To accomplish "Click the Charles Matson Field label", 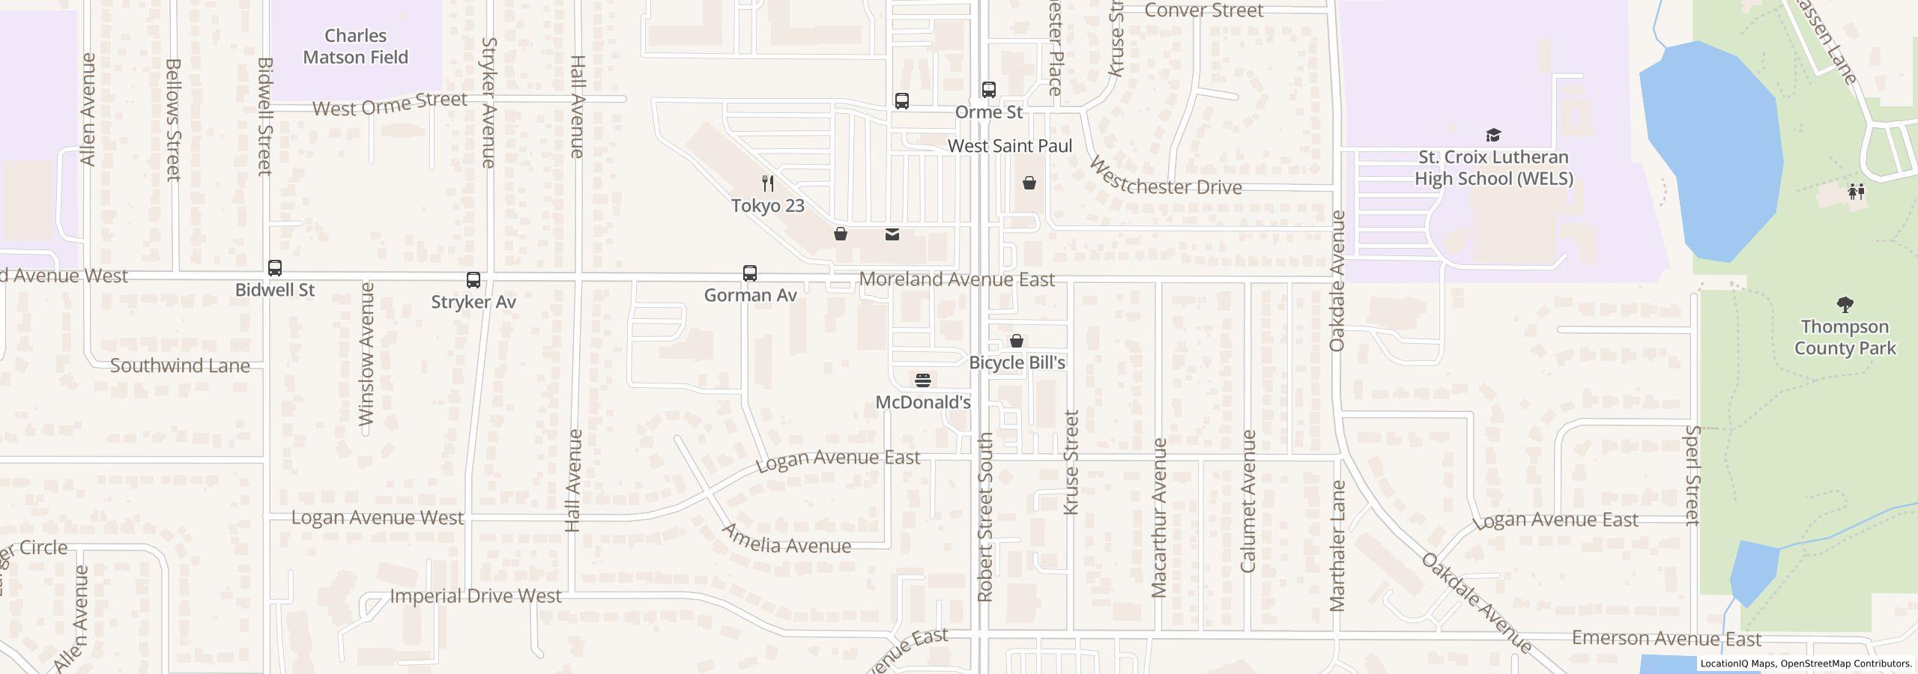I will [355, 46].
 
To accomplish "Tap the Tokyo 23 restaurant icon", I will [767, 183].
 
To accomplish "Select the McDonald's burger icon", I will [923, 380].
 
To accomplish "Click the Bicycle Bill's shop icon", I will [1017, 341].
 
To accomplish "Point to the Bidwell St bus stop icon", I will [275, 268].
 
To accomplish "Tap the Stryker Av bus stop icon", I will [474, 280].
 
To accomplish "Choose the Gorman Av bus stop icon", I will [750, 273].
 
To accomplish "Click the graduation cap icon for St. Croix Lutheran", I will [1493, 136].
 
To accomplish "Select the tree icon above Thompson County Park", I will [1845, 305].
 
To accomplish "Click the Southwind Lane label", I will [180, 365].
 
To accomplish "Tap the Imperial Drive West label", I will [475, 596].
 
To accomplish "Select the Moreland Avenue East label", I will [957, 279].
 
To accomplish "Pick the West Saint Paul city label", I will [1010, 146].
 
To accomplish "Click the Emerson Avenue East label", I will [1666, 639].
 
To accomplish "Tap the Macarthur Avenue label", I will [1159, 518].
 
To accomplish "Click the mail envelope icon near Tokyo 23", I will [892, 234].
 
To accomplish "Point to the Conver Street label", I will [1204, 10].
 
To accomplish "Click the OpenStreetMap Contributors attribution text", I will [1845, 664].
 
